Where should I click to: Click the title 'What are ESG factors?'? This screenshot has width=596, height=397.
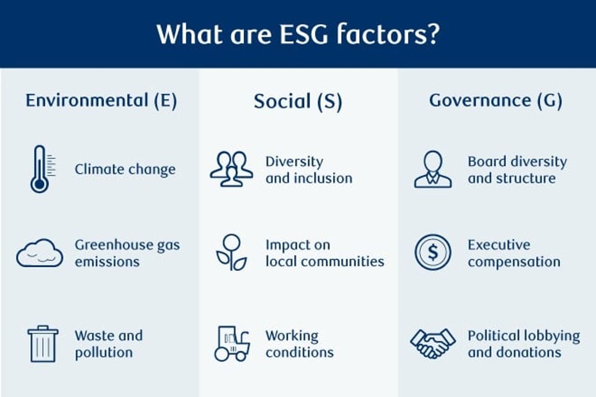pos(297,34)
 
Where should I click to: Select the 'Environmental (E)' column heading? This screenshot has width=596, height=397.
pos(101,101)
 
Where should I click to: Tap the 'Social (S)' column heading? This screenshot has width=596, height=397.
pos(297,101)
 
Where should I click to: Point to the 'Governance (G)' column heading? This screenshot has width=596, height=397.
pos(496,101)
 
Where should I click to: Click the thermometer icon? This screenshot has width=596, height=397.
pos(40,169)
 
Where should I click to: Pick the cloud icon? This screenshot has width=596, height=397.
pos(40,253)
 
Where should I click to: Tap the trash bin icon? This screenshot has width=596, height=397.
pos(42,343)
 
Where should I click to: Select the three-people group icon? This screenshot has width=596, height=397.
pos(232,169)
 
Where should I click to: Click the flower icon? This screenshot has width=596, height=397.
pos(232,252)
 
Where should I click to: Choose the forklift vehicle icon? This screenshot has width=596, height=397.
pos(232,343)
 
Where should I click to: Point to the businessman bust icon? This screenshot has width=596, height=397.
pos(432,169)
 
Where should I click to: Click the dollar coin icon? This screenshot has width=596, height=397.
pos(432,253)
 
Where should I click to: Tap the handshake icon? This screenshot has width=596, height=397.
pos(432,343)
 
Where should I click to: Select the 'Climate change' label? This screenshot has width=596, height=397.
pos(125,169)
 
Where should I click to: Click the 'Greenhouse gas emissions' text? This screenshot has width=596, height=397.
pos(127,253)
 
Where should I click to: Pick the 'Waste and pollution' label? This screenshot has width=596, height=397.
pos(108,344)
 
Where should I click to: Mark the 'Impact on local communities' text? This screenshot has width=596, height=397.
pos(325,253)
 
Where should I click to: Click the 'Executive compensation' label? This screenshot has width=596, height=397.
pos(514,253)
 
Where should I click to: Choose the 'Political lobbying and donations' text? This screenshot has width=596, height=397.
pos(524,344)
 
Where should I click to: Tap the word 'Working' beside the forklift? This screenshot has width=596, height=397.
pos(292,336)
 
